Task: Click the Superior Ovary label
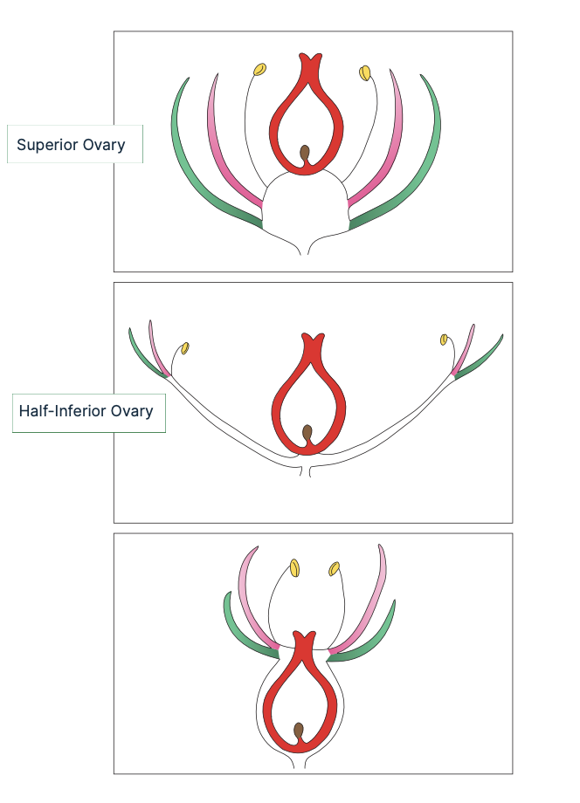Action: coord(74,145)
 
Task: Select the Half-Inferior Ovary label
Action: coord(88,411)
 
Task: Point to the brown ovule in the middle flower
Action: coord(307,433)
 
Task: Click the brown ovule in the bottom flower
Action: coord(299,731)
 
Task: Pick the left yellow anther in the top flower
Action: coord(259,69)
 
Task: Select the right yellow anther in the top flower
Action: coord(365,72)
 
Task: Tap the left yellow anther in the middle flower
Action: coord(185,348)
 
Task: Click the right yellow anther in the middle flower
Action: coord(444,339)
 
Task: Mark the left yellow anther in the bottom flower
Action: coord(295,568)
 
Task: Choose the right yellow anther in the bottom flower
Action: coord(334,569)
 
